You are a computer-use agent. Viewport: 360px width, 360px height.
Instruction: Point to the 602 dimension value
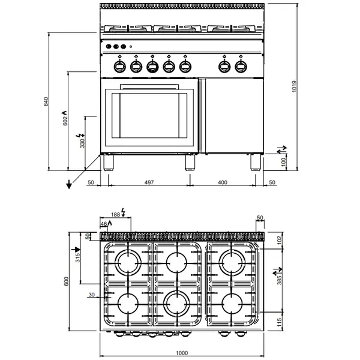[66, 120]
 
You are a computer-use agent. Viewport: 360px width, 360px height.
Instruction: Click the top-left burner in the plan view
[128, 262]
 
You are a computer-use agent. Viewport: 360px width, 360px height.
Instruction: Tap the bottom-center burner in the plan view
[177, 304]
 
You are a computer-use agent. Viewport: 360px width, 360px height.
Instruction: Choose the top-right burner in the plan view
[230, 262]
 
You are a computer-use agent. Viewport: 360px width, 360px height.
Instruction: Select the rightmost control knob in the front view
[241, 65]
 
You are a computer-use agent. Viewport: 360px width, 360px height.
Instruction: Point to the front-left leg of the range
[109, 162]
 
